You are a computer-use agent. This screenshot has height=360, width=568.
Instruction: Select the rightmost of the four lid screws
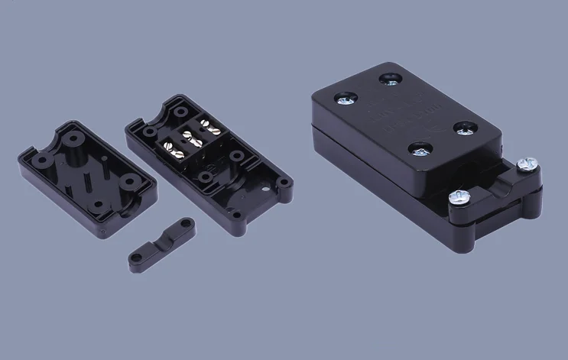(463, 128)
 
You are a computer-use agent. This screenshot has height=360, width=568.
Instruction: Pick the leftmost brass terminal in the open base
(167, 145)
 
